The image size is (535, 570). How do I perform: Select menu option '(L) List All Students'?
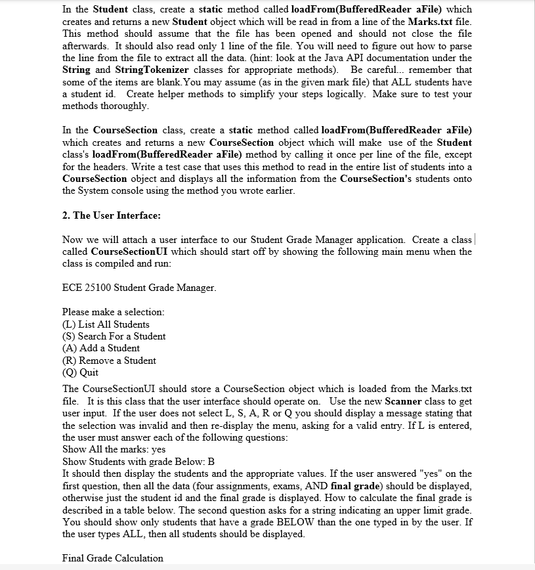point(106,324)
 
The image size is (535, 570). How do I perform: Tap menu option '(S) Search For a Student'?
point(114,336)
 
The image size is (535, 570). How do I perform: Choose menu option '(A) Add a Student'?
point(100,348)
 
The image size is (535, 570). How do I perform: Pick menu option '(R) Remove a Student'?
point(108,361)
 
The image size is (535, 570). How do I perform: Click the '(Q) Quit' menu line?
point(80,372)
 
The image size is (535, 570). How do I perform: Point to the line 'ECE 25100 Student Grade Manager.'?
point(139,288)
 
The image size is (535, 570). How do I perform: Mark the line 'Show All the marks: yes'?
point(114,450)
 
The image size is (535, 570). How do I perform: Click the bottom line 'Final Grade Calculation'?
point(112,558)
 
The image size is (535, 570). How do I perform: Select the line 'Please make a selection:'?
point(113,312)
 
